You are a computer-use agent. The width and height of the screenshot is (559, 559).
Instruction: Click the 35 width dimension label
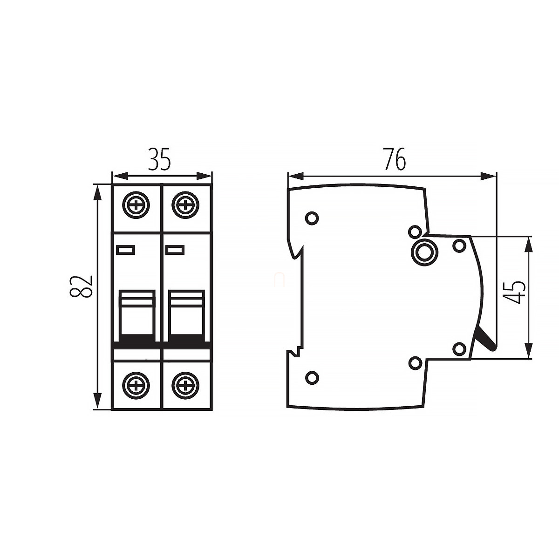(x=160, y=159)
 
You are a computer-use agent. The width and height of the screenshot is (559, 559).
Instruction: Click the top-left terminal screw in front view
(x=137, y=205)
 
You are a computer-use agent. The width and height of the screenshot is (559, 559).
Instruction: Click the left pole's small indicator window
(x=126, y=250)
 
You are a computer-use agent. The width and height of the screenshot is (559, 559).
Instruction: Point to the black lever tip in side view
(x=487, y=341)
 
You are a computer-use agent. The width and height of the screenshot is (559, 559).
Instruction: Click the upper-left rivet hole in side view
(x=312, y=218)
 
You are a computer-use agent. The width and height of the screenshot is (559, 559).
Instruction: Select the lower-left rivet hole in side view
(x=312, y=377)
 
